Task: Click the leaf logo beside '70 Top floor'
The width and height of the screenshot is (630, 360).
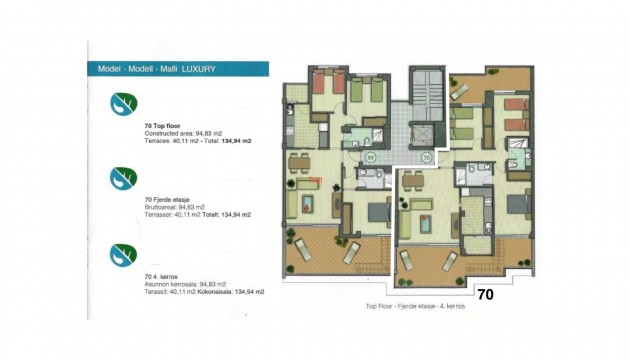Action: coord(124,104)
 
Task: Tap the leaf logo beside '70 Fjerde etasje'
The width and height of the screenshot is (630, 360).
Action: coord(124,177)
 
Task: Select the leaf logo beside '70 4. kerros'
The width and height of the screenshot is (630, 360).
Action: coord(124,254)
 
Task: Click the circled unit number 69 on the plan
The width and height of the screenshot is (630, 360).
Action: coord(370,157)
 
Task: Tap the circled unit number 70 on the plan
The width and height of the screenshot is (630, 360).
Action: coord(426,157)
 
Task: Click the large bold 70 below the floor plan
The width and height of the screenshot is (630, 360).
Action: coord(485,295)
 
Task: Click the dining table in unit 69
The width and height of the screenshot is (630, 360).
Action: coord(303,160)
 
